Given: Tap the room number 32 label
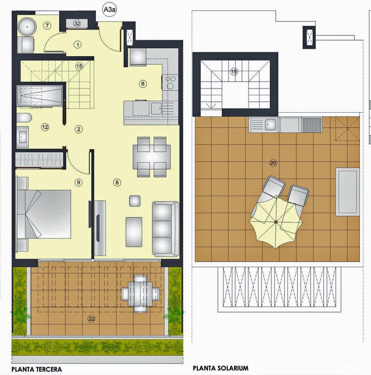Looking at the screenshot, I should click(77, 24).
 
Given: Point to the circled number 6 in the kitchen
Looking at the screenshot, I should click(143, 83).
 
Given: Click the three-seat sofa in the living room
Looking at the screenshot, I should click(165, 228).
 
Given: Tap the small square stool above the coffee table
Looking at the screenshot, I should click(134, 201).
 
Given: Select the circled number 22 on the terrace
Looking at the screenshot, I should click(92, 319).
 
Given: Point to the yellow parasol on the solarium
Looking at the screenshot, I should click(276, 222).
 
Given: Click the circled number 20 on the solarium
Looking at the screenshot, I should click(273, 163).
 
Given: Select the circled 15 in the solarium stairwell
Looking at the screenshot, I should click(233, 71).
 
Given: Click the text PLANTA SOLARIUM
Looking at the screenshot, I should click(220, 368).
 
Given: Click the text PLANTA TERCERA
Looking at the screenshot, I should click(37, 369).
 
